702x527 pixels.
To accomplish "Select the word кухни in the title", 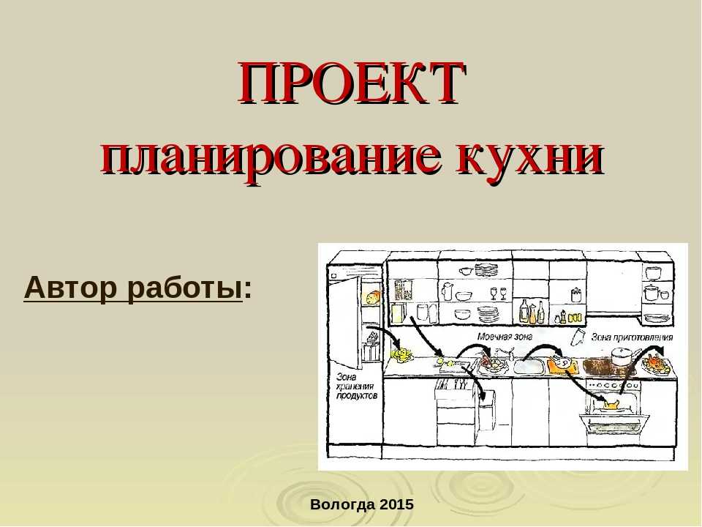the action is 529,158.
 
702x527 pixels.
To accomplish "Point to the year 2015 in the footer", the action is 396,504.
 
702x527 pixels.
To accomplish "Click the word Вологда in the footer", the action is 342,505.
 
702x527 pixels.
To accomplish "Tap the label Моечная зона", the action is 505,337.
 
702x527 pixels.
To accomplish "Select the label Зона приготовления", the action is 632,337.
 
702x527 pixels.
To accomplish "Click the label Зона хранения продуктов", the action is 357,386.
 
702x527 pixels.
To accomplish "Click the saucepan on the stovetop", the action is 622,356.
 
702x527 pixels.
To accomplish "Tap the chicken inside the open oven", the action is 611,404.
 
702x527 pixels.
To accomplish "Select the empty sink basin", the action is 529,367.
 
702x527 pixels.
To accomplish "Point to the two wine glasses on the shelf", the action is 499,294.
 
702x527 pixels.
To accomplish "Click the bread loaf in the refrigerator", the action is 373,298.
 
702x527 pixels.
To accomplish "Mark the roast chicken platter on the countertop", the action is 657,365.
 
